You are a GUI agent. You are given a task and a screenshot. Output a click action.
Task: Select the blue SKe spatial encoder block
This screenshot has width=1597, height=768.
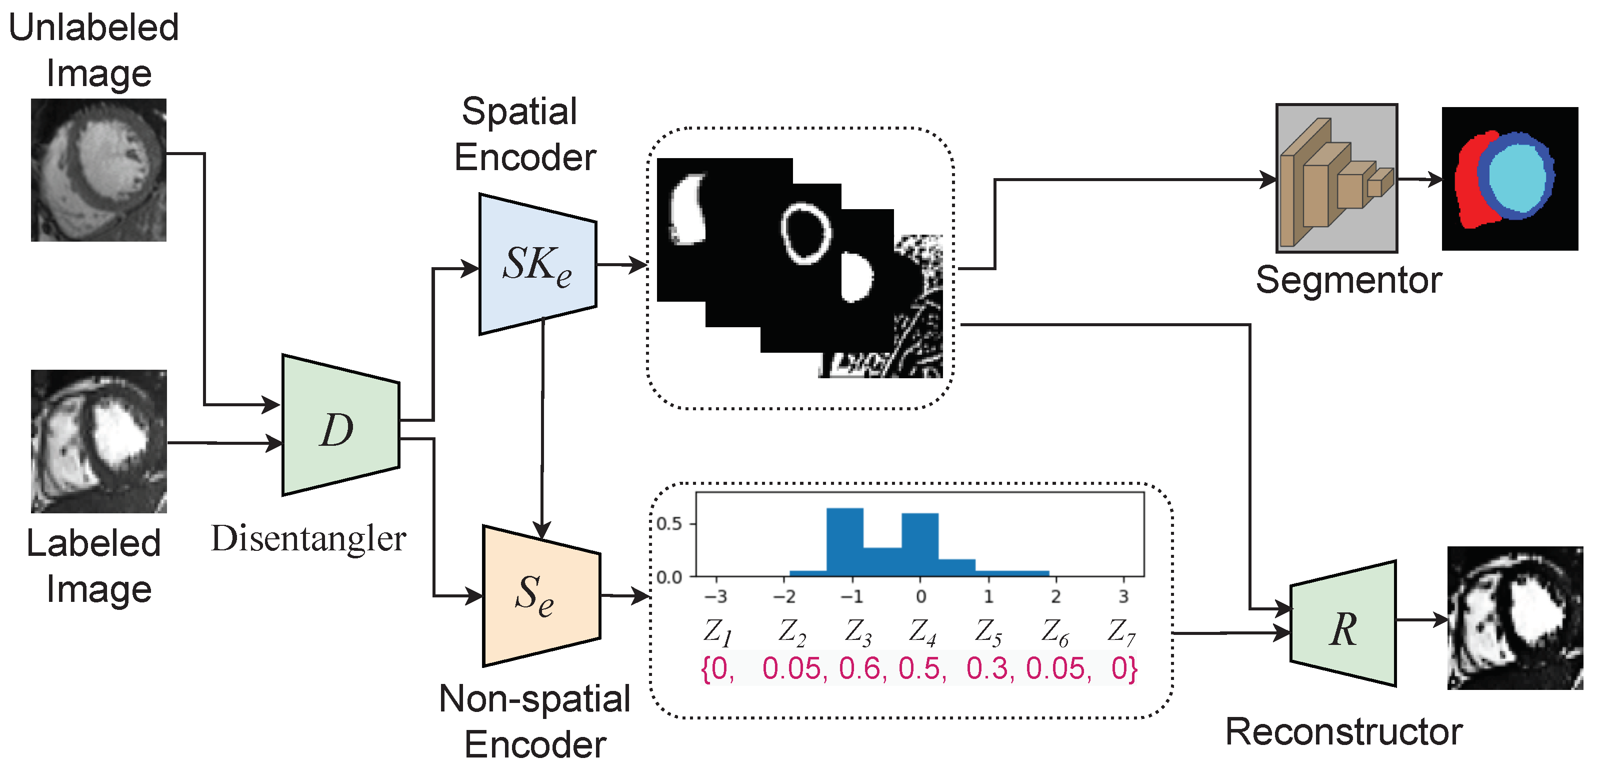pos(537,265)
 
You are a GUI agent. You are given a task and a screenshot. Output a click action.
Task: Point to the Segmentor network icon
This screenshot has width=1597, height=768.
pos(1336,179)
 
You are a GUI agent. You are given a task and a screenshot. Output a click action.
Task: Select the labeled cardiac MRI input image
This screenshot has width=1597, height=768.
pos(98,441)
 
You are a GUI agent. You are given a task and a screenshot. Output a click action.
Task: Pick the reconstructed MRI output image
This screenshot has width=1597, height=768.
pos(1514,618)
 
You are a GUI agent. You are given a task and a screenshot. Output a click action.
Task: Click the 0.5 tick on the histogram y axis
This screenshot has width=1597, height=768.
pos(669,524)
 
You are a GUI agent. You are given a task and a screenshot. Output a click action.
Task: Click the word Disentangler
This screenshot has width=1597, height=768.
pos(308,538)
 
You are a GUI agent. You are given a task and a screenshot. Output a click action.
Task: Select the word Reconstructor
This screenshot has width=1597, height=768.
pos(1343,732)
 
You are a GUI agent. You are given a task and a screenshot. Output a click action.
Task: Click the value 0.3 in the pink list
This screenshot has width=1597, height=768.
pos(989,669)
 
